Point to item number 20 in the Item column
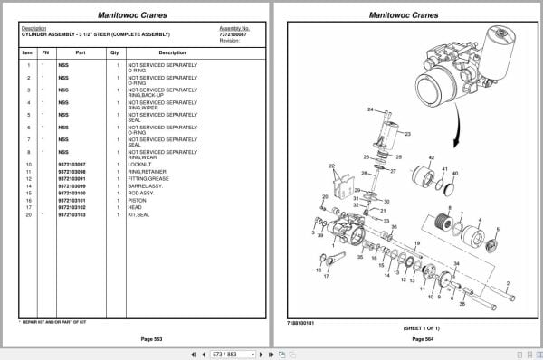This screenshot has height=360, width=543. pos(29,214)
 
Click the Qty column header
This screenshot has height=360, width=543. pos(115,52)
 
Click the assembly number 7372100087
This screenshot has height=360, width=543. pos(234,33)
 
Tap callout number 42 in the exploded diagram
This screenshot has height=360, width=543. pos(431,157)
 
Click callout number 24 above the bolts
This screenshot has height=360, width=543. pos(370,109)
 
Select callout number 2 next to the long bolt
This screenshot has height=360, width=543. pos(510,283)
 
